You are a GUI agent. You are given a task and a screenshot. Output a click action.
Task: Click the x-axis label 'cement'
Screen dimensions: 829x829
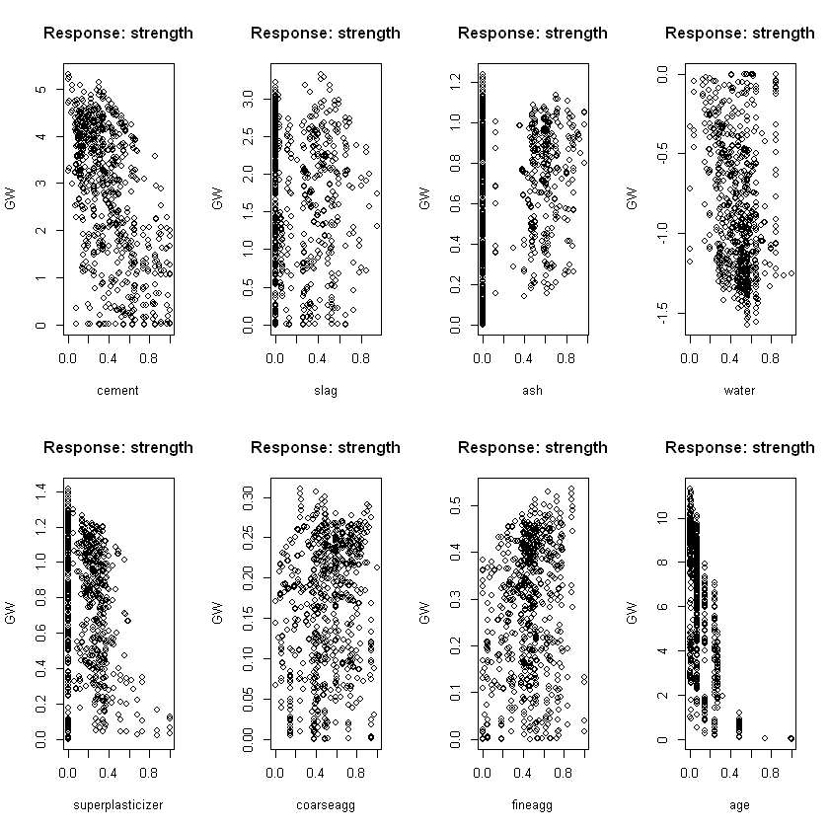pyautogui.click(x=117, y=391)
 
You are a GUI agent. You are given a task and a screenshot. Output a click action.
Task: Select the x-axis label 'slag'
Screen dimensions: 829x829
pyautogui.click(x=325, y=391)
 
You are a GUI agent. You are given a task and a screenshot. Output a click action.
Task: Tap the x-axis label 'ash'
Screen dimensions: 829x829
pyautogui.click(x=532, y=391)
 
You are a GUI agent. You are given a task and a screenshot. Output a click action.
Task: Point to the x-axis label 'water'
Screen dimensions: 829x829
pyautogui.click(x=739, y=391)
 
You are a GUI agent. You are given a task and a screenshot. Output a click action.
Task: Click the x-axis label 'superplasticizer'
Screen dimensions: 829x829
pyautogui.click(x=117, y=805)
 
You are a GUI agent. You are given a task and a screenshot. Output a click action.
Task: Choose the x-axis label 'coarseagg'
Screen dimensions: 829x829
pyautogui.click(x=325, y=805)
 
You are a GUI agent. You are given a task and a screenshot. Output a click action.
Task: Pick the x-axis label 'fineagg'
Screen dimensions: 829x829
pyautogui.click(x=532, y=805)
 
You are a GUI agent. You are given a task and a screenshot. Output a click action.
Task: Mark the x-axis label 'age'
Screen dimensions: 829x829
pyautogui.click(x=739, y=805)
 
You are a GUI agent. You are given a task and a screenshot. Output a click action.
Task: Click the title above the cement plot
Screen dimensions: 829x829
pyautogui.click(x=118, y=34)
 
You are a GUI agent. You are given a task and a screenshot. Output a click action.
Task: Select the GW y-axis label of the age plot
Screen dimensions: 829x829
pyautogui.click(x=632, y=613)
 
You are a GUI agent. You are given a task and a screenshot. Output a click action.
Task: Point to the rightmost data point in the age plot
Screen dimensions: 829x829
pyautogui.click(x=791, y=738)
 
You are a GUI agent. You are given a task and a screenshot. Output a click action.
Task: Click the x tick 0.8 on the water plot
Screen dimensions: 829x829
pyautogui.click(x=771, y=358)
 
